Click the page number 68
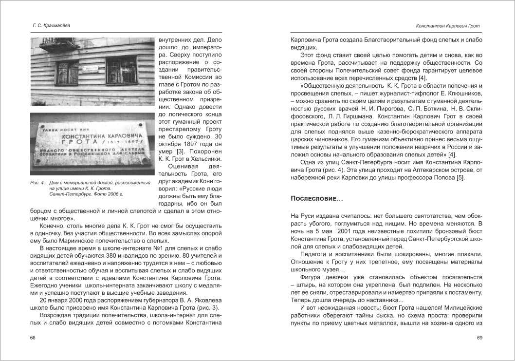click(33, 338)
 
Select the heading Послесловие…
click(317, 198)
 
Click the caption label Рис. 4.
click(37, 183)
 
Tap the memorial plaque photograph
click(92, 144)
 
